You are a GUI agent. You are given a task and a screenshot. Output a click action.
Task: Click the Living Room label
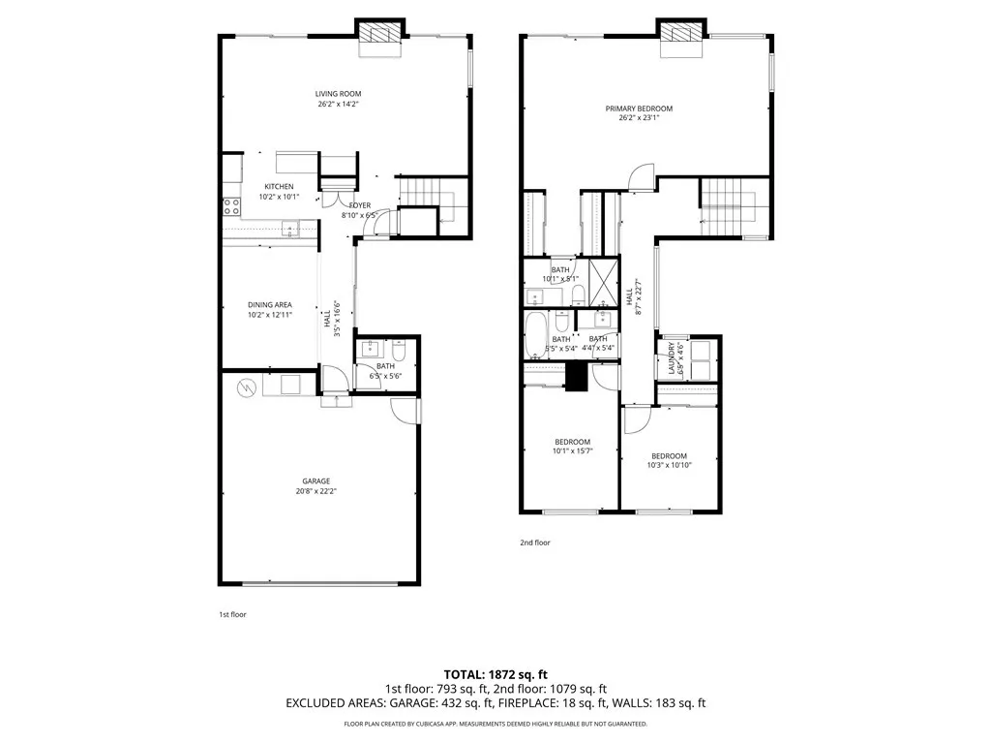338,94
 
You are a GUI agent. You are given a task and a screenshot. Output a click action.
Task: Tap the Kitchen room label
279,187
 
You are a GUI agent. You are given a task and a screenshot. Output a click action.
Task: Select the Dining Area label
270,305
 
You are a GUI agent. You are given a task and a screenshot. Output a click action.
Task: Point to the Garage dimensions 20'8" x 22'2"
315,491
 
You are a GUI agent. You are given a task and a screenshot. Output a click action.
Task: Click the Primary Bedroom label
639,108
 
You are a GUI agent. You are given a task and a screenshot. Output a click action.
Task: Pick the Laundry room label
671,358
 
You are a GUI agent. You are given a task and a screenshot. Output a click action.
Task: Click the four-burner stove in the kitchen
232,205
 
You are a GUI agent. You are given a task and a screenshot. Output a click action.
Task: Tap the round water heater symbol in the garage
247,387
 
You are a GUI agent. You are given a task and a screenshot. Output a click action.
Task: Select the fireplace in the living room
379,32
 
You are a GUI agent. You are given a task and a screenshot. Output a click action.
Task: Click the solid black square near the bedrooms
577,376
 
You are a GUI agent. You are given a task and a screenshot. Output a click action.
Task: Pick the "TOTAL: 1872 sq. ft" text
495,673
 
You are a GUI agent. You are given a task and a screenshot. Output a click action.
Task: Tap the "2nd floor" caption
535,542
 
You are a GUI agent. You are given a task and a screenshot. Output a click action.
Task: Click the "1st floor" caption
232,614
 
